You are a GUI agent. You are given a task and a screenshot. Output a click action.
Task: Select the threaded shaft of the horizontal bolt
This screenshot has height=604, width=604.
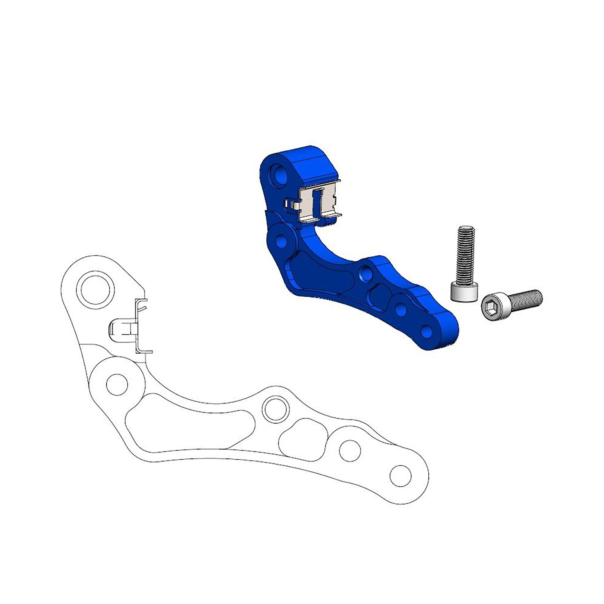(x=525, y=299)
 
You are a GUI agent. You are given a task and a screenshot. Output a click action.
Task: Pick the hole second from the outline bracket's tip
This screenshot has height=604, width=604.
(x=350, y=450)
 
